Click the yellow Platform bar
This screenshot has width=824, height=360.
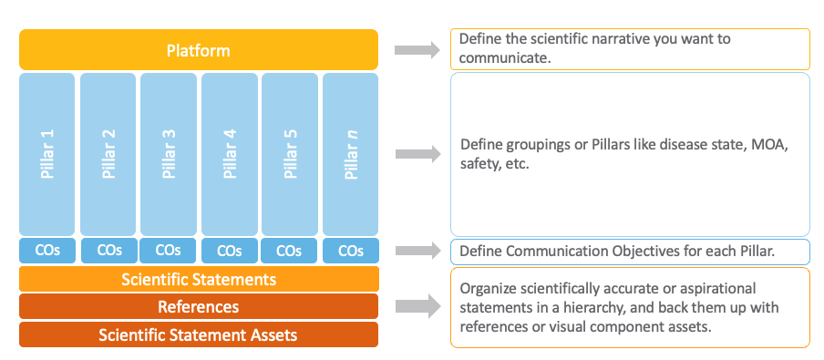coord(198,50)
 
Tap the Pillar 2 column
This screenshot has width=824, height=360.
coord(108,154)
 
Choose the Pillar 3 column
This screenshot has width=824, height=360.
coord(168,154)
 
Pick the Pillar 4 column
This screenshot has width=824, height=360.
coord(229,154)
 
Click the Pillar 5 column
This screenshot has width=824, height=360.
coord(289,154)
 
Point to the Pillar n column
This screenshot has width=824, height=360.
coord(350,154)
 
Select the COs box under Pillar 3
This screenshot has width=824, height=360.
coord(168,251)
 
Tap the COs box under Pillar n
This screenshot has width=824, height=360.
coord(350,251)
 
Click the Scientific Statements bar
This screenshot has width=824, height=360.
coord(198,279)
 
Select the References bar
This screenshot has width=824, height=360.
coord(198,307)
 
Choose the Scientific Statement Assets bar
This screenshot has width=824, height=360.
coord(198,334)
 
